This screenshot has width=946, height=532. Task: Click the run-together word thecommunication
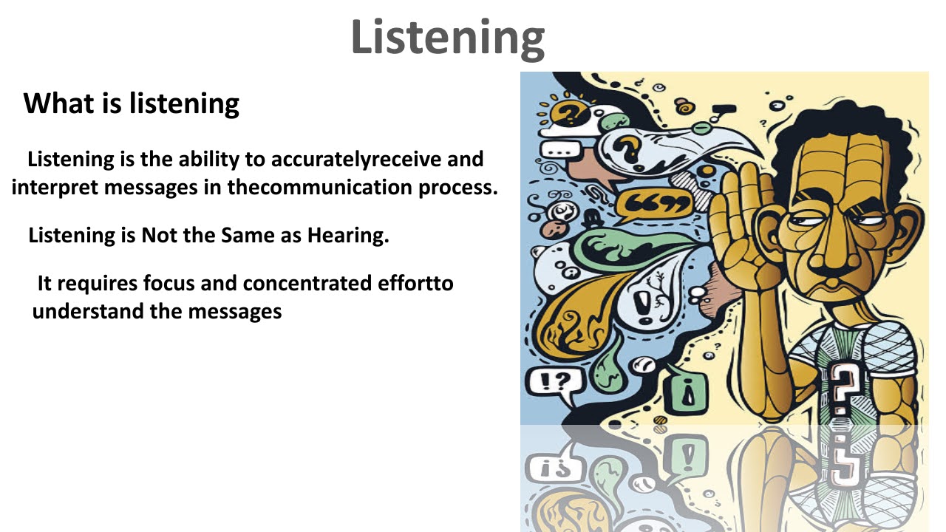tap(310, 187)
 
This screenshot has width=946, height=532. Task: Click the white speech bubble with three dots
tap(561, 150)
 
